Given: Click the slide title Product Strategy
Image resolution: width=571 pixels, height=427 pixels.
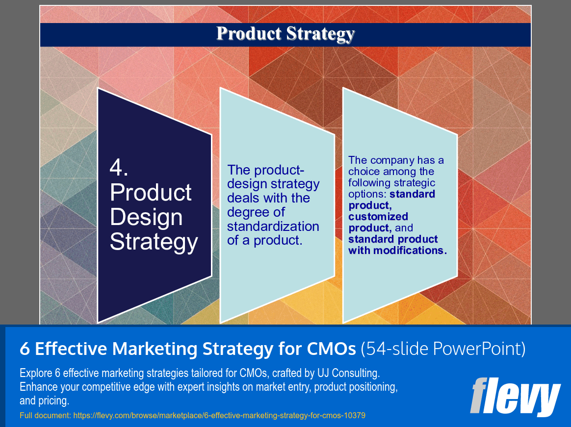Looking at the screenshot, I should [285, 34].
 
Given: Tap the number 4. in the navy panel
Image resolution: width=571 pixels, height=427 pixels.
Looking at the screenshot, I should [119, 168].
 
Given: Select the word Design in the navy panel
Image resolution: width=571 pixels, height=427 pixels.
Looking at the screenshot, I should [146, 217].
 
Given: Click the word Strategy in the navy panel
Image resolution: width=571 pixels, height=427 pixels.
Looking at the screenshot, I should [154, 242].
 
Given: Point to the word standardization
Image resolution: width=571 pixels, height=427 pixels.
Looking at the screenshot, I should [273, 226].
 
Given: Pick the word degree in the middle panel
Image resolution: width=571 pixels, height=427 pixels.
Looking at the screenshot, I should [255, 212].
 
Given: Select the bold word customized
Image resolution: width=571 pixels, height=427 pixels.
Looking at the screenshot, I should [378, 217].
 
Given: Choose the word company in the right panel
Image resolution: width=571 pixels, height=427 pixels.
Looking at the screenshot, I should [389, 160].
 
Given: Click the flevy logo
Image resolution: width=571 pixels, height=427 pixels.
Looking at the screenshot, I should [515, 396].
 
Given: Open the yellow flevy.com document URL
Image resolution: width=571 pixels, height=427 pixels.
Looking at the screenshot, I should [219, 415].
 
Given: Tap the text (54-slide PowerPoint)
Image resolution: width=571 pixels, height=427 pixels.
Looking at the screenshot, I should [443, 349].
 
